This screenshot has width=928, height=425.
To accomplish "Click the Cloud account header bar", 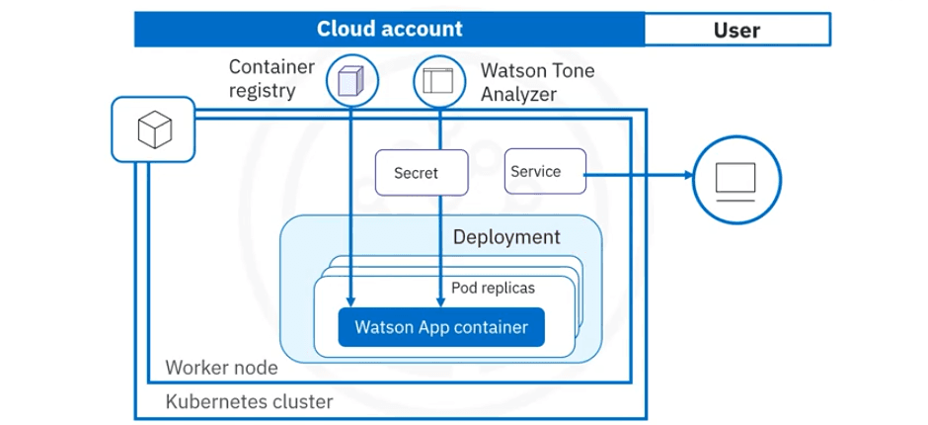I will point(389,30).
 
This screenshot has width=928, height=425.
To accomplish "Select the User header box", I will point(735,30).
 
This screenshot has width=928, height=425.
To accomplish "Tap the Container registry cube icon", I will point(350,79).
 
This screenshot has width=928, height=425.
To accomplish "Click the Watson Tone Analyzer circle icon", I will point(436,79).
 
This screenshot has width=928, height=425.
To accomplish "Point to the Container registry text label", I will point(271,79).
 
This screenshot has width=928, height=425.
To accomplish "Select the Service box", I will point(544,172).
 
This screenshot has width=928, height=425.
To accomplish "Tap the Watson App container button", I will point(440,325).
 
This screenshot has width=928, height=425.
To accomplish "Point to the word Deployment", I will point(505,238).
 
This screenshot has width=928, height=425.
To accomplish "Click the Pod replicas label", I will point(493,288).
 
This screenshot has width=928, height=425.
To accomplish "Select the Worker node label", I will point(221,368).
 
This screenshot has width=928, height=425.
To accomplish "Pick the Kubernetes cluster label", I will point(249,402).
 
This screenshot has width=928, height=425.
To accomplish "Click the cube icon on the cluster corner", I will point(153,129).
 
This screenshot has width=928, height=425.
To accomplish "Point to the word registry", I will point(262,92).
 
